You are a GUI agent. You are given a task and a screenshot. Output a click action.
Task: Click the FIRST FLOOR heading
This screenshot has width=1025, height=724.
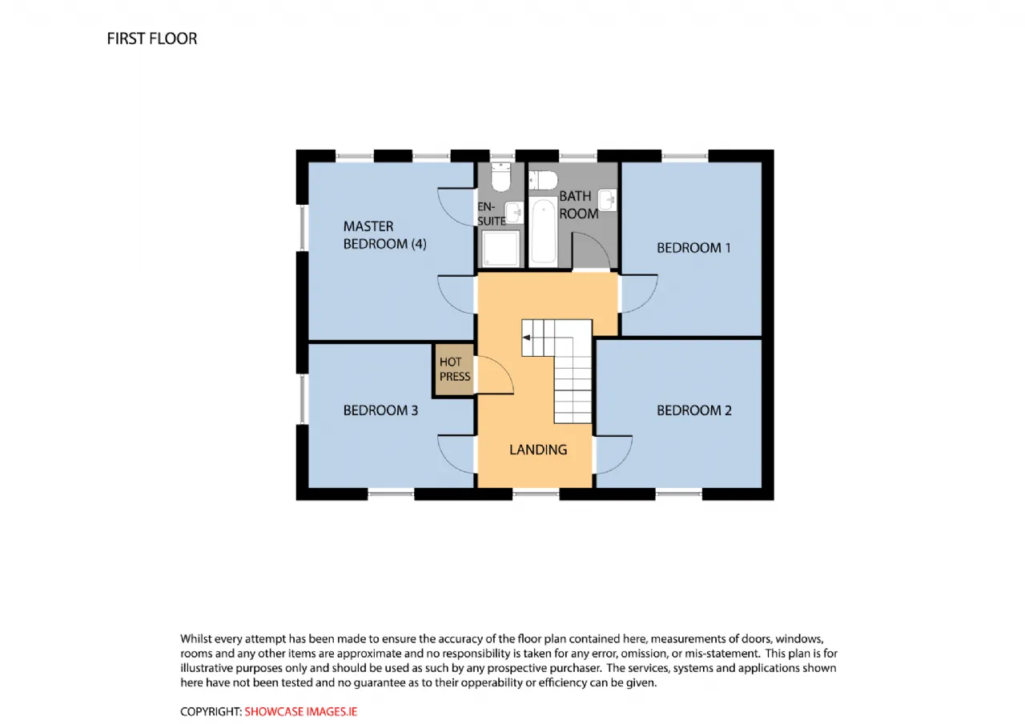(x=152, y=39)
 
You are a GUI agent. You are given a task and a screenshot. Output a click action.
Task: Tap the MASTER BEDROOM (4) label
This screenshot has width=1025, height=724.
(x=385, y=235)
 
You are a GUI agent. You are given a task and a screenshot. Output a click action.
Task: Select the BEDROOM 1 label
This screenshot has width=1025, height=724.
(x=693, y=248)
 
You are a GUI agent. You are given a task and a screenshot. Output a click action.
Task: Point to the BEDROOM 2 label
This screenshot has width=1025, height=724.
(x=694, y=410)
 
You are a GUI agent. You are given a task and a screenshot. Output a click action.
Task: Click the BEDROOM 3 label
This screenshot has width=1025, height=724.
(x=380, y=410)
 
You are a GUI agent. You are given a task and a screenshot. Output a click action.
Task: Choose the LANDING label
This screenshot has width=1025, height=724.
(x=538, y=450)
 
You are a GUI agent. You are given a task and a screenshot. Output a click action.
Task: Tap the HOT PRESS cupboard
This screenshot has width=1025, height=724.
(x=453, y=370)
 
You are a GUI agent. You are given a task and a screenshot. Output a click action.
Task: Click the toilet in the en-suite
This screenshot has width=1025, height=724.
(x=500, y=177)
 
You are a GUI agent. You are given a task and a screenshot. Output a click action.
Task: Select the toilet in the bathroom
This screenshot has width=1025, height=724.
(x=543, y=180)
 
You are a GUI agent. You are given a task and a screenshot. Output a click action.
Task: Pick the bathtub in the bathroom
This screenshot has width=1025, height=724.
(x=544, y=232)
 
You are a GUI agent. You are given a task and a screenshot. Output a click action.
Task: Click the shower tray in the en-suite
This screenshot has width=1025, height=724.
(x=500, y=248)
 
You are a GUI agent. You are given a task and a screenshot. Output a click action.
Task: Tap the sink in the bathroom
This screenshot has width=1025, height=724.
(x=608, y=200)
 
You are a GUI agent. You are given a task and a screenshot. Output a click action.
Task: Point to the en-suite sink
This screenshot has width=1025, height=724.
(x=514, y=213)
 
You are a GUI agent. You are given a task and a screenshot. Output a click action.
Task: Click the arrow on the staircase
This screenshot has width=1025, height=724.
(x=526, y=338)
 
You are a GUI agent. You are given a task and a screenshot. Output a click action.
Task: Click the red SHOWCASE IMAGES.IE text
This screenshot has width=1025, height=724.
(x=300, y=712)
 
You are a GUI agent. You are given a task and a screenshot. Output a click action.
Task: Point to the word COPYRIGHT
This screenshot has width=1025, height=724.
(x=211, y=712)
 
